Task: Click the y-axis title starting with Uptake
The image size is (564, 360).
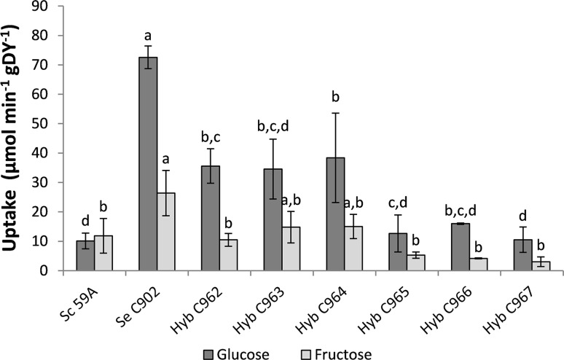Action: pos(16,138)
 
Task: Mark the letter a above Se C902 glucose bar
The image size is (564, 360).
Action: pos(148,34)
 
